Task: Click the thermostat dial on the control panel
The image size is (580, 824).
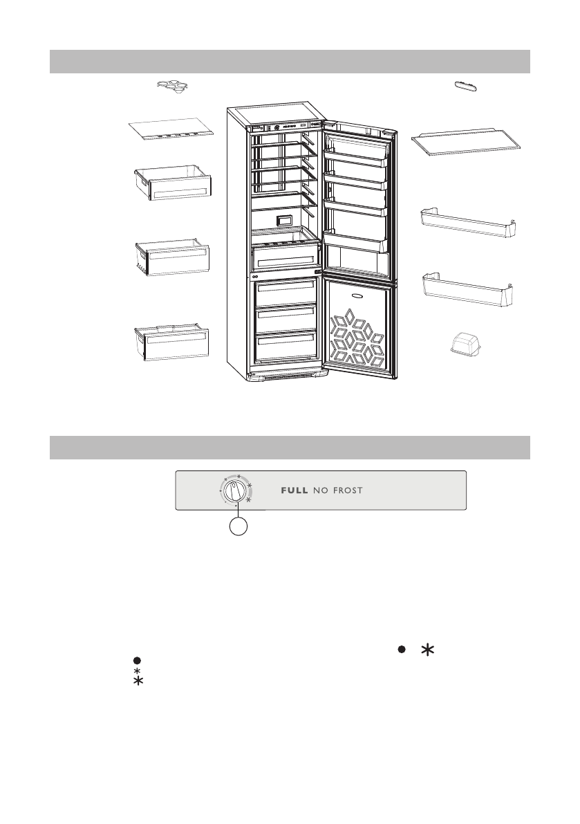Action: point(235,493)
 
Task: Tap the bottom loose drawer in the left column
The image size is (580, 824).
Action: point(171,338)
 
